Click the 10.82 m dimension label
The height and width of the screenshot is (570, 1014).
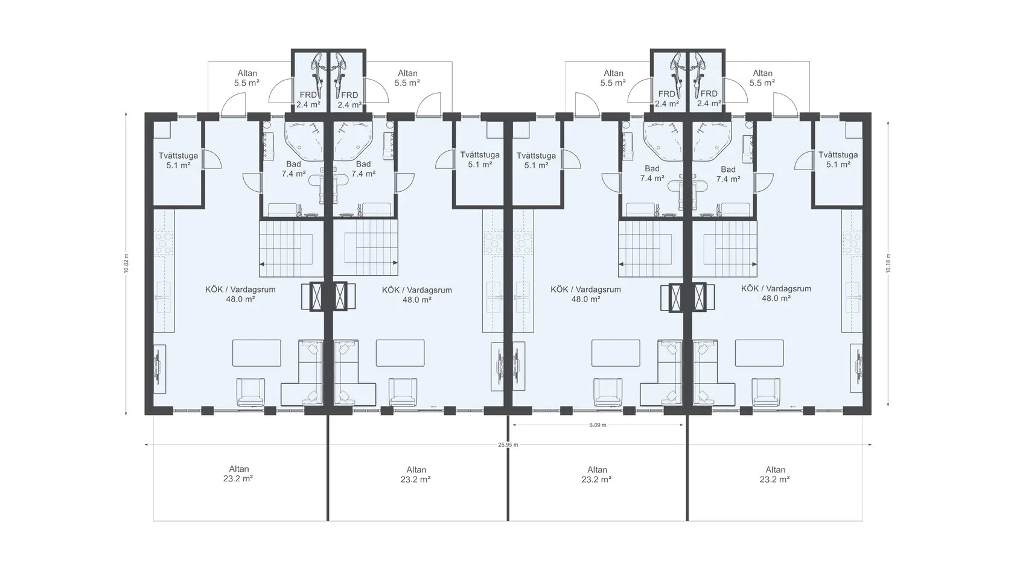tap(126, 263)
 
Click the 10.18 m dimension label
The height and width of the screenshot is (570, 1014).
tap(888, 263)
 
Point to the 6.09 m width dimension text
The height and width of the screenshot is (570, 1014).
tap(598, 425)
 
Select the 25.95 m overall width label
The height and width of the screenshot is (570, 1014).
tap(508, 445)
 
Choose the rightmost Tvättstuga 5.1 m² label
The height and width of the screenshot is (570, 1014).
tap(838, 160)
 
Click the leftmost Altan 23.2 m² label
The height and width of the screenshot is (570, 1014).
tap(238, 474)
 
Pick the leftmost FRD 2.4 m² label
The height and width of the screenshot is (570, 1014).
tap(308, 100)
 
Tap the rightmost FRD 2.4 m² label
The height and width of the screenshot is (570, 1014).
tap(709, 98)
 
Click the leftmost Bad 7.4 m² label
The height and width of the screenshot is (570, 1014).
tap(293, 169)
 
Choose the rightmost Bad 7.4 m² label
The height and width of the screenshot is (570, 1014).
tap(728, 174)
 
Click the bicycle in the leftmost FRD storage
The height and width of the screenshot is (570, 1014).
tap(319, 76)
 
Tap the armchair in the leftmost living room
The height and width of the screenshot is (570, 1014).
tap(251, 392)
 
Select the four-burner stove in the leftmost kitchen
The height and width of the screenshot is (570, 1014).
tap(164, 243)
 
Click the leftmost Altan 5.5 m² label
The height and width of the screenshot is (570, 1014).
tap(247, 78)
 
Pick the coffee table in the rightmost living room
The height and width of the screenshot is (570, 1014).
tap(759, 353)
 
